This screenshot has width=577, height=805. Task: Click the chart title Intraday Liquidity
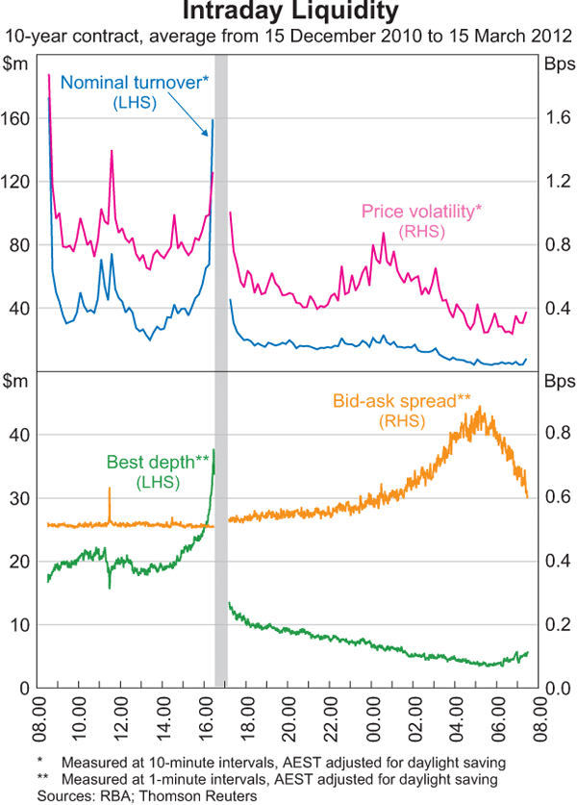coord(288,13)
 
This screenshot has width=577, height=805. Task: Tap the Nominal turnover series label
coord(137,83)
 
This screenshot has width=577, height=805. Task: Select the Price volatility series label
coord(421,212)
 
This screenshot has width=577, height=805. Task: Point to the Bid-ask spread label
coord(402,400)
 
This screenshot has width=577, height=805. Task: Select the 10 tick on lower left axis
coord(21,624)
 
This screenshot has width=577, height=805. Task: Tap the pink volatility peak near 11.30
coord(112,152)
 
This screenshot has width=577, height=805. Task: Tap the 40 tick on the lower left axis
coord(21,434)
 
